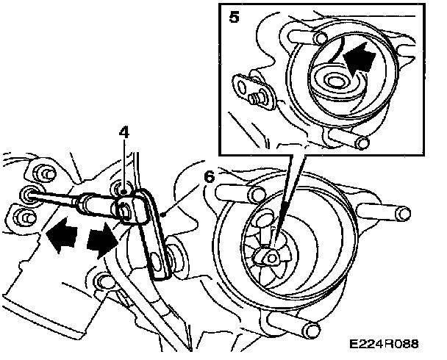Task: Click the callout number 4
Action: coord(124,135)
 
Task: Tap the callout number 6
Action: coord(210,177)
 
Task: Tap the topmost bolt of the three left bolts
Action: coord(43,173)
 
